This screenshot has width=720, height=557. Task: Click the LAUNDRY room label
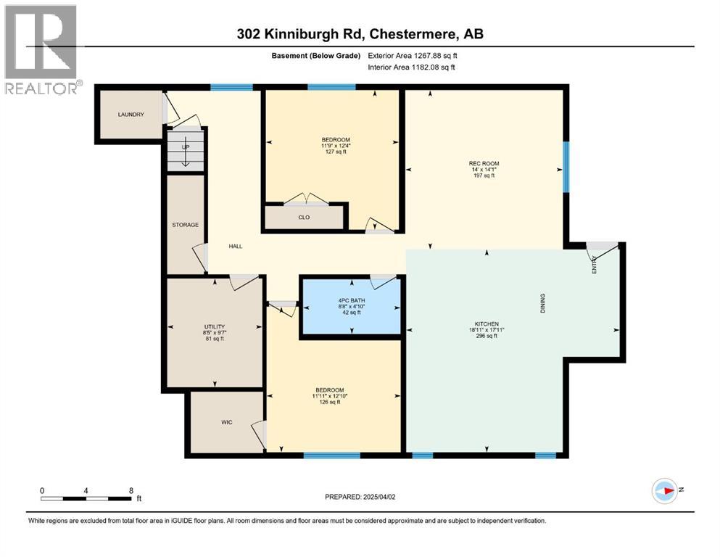tap(131, 115)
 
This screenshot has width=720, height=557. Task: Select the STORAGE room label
tap(185, 225)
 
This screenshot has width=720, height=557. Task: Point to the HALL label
tap(236, 247)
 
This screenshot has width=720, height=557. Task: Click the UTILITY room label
tap(215, 326)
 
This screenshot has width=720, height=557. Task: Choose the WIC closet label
tap(226, 422)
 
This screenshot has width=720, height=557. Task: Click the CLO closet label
tap(305, 217)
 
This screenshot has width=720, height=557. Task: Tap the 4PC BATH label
tap(351, 300)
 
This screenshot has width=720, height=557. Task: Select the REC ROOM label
tap(484, 163)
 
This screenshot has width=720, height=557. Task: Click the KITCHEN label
tap(486, 323)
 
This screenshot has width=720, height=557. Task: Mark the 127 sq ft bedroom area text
tap(336, 152)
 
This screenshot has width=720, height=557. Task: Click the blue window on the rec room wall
tap(566, 167)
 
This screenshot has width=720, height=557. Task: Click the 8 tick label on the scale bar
tap(131, 490)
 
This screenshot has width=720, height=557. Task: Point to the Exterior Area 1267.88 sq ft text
tap(413, 55)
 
